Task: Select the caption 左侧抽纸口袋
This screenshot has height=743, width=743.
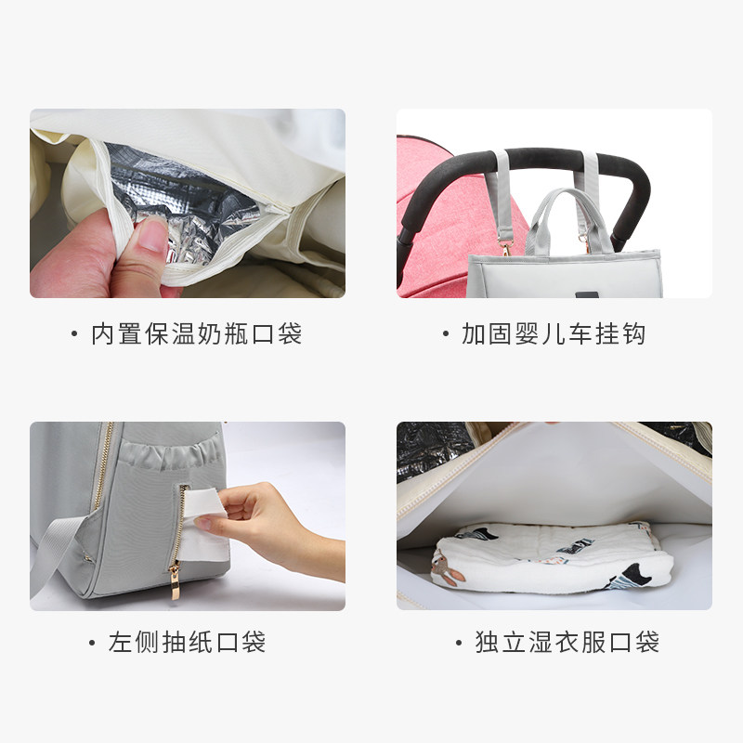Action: [x=187, y=642]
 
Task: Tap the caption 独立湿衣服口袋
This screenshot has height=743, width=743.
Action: [x=567, y=642]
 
